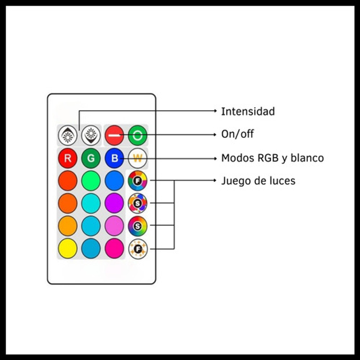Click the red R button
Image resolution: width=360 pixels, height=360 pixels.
point(68,158)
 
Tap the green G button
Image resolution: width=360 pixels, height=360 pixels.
point(91,158)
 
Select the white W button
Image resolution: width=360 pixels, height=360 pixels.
point(138,158)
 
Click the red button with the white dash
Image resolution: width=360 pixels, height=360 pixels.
point(114,135)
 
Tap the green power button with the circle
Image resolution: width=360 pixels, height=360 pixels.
point(138,135)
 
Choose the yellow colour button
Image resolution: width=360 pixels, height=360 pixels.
point(68,248)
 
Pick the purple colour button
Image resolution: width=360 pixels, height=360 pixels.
point(114,203)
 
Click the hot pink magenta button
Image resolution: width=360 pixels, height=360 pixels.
point(114,248)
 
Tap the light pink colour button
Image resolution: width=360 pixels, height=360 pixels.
point(114,226)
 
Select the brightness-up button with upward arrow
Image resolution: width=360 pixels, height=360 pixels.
point(68,135)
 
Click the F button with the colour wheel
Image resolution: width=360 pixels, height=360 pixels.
point(138,181)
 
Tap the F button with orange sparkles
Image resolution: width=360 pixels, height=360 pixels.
point(138,249)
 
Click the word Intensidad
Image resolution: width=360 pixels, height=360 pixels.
point(248,112)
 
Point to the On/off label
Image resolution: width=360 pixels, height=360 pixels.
point(237,134)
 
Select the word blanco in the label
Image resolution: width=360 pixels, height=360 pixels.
point(307,158)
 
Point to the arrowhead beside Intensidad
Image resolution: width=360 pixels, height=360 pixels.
point(215,111)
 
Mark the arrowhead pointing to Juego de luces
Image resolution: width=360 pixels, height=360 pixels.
point(215,181)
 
